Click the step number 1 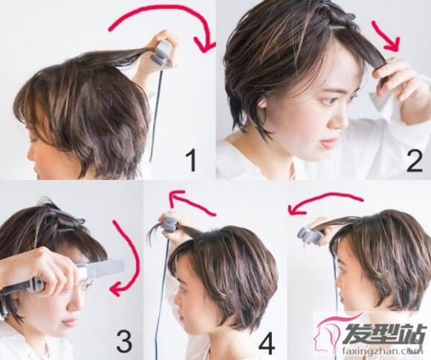191,160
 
